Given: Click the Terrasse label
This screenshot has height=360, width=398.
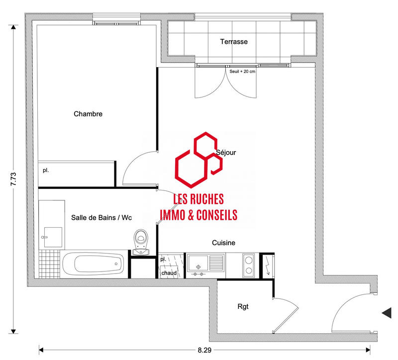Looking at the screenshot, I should (x=234, y=42).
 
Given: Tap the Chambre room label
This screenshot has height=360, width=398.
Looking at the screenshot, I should (x=88, y=114).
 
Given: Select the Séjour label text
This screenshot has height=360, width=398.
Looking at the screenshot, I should (x=226, y=153).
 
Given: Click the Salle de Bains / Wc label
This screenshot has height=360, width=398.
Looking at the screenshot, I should (x=101, y=217).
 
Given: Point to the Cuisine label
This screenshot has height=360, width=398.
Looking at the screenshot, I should (x=223, y=243).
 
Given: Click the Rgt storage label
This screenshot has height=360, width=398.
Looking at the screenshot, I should (x=243, y=307).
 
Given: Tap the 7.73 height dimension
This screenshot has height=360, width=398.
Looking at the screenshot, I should (x=13, y=179).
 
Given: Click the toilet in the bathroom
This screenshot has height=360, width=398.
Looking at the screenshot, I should (x=141, y=241).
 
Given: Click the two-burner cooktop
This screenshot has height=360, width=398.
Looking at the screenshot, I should (x=249, y=265).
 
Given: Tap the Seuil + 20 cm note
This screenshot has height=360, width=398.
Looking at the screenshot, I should (x=242, y=71).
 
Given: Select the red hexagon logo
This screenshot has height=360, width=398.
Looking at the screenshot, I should (x=198, y=159).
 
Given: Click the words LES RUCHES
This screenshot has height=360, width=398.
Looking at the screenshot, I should (x=198, y=199).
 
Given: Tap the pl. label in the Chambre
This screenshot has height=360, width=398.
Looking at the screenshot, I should (x=46, y=170).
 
